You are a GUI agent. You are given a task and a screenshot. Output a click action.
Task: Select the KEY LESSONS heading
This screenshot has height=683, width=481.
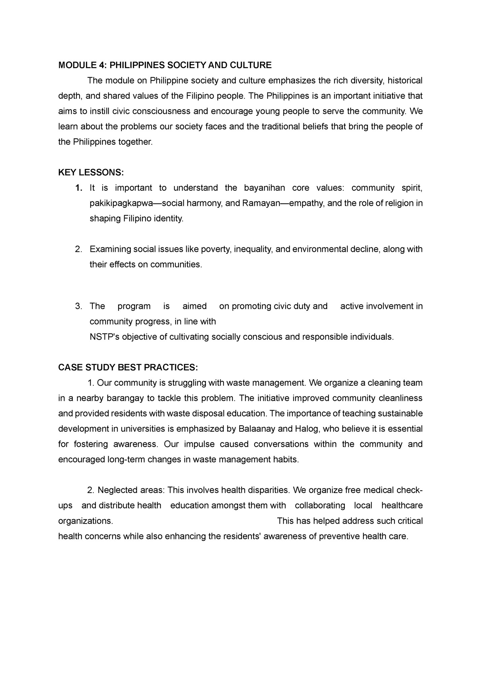pyautogui.click(x=91, y=172)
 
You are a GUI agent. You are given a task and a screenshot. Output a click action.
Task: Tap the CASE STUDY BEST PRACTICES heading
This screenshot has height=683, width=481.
pyautogui.click(x=128, y=367)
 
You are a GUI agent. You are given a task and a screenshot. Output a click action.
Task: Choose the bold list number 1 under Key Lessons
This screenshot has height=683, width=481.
pyautogui.click(x=78, y=188)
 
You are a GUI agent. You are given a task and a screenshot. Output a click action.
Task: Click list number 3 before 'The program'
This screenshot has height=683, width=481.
pyautogui.click(x=78, y=306)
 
